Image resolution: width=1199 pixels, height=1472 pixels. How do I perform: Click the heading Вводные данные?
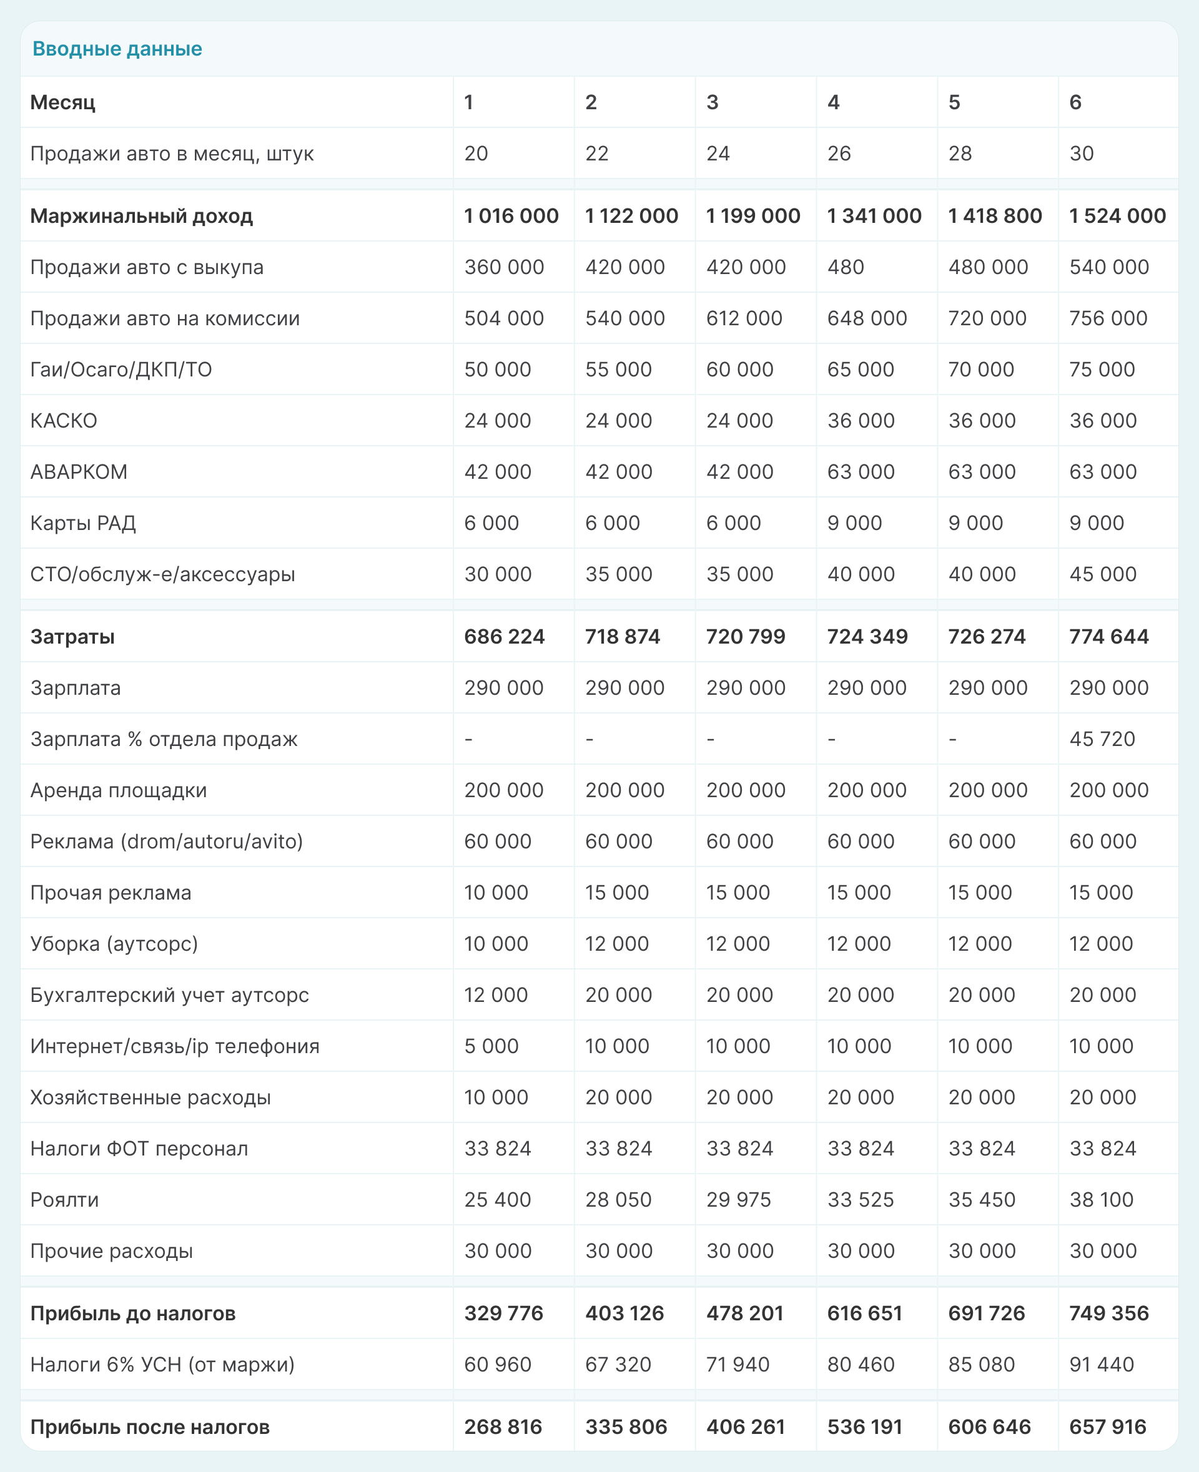click(117, 48)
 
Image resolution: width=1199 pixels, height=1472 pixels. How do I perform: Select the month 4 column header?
click(833, 102)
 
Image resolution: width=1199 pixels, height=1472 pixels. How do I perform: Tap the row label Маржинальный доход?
click(141, 216)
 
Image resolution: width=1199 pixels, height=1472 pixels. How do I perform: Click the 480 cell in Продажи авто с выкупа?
click(846, 267)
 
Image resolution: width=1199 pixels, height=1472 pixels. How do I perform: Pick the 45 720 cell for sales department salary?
click(1102, 738)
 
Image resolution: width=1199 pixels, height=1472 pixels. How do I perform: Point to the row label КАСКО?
click(64, 421)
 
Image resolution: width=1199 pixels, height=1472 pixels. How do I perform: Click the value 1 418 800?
click(995, 216)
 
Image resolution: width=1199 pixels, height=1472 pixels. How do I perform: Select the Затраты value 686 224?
click(503, 637)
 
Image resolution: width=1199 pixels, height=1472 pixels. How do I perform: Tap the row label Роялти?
click(64, 1200)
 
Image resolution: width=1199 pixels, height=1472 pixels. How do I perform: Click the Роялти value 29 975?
click(738, 1200)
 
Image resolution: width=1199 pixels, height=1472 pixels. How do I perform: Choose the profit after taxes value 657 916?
click(1107, 1427)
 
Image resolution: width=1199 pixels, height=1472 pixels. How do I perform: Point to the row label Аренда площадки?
click(118, 790)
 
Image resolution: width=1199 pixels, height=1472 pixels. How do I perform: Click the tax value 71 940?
click(737, 1364)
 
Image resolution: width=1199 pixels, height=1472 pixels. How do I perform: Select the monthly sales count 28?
click(959, 154)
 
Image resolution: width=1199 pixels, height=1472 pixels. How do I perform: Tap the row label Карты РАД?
click(83, 523)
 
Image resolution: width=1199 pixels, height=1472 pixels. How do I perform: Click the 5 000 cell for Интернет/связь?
click(490, 1046)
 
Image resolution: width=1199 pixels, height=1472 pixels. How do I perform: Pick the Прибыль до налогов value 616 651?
click(864, 1313)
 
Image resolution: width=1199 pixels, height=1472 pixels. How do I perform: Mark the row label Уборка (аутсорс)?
click(114, 944)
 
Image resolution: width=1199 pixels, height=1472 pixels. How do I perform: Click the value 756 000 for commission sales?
click(1108, 318)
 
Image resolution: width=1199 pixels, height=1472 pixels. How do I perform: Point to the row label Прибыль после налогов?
click(149, 1427)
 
